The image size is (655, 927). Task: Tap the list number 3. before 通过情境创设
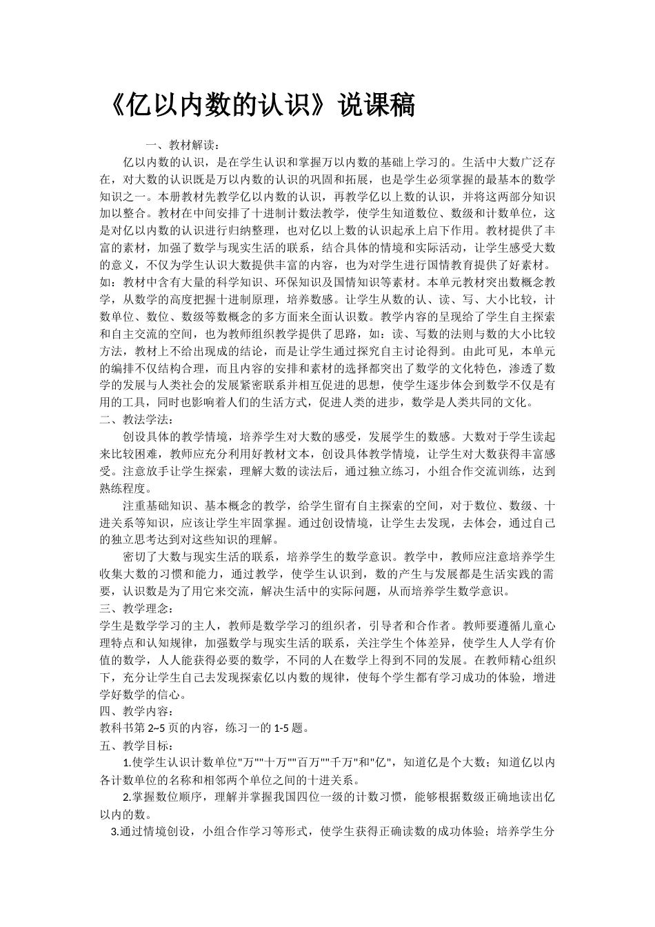point(115,831)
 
